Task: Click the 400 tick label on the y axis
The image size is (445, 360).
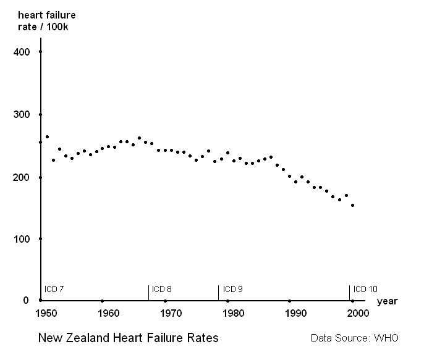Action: pyautogui.click(x=21, y=52)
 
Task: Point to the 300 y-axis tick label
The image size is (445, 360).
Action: pyautogui.click(x=21, y=114)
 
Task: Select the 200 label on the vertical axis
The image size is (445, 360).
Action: pyautogui.click(x=21, y=177)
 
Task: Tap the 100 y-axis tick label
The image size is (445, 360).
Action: pyautogui.click(x=21, y=238)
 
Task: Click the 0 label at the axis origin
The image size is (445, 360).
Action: pyautogui.click(x=26, y=300)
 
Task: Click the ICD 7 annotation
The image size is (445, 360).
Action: pyautogui.click(x=54, y=289)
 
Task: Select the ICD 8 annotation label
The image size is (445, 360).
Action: pyautogui.click(x=161, y=289)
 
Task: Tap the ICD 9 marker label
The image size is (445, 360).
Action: pyautogui.click(x=232, y=289)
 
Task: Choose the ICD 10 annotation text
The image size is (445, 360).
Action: pyautogui.click(x=365, y=289)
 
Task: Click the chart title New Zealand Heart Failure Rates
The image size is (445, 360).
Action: pyautogui.click(x=128, y=338)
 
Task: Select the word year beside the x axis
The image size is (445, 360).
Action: pyautogui.click(x=388, y=301)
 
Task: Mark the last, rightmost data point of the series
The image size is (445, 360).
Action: pyautogui.click(x=352, y=205)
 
